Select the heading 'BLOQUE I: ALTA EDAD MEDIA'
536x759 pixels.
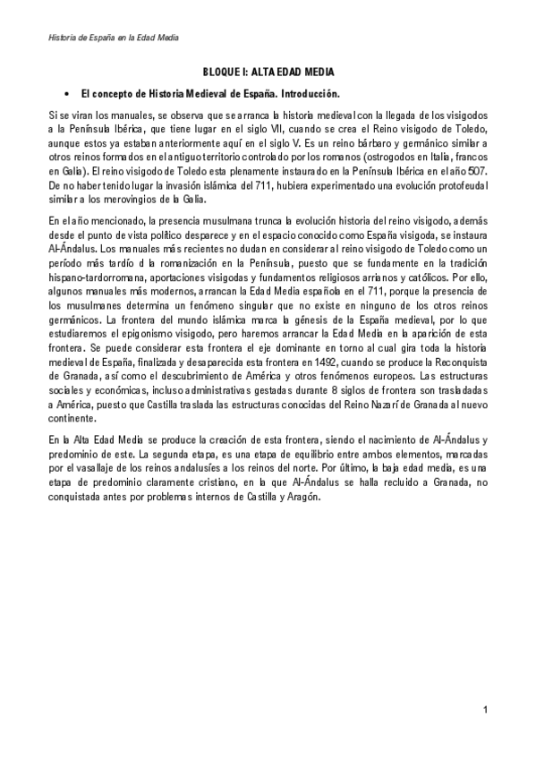pyautogui.click(x=268, y=71)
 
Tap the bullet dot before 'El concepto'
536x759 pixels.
pyautogui.click(x=66, y=93)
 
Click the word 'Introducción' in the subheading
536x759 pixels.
pyautogui.click(x=310, y=93)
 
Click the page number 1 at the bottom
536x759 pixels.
pyautogui.click(x=484, y=710)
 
